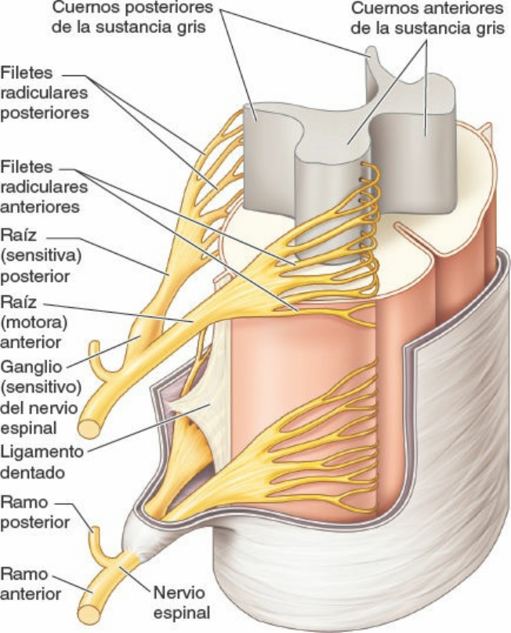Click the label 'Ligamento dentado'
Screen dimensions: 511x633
click(x=42, y=462)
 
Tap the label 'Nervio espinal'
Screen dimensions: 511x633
click(x=179, y=602)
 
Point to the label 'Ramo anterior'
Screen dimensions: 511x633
click(x=31, y=584)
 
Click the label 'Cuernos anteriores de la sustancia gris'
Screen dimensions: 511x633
click(x=427, y=19)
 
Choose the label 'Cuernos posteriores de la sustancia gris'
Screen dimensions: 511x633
click(x=133, y=17)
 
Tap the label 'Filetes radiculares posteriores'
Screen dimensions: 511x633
click(x=44, y=92)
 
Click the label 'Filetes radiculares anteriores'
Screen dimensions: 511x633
click(x=44, y=186)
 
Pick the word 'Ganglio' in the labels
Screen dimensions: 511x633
click(x=31, y=367)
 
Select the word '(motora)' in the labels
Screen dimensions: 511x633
click(x=34, y=322)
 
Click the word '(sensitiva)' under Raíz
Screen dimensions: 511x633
click(x=41, y=255)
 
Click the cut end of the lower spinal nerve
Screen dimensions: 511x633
click(x=89, y=614)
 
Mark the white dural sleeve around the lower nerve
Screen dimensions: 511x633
click(x=137, y=534)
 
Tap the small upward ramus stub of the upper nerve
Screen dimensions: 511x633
click(x=96, y=355)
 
